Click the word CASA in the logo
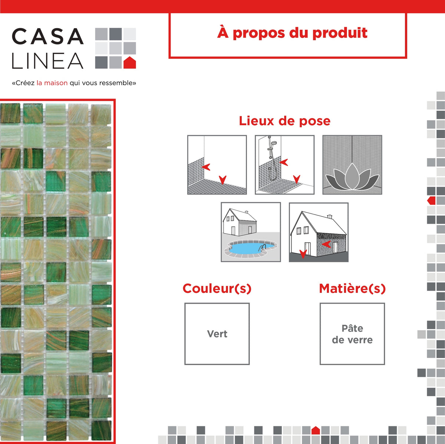47,37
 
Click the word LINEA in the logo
47,61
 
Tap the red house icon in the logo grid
129,63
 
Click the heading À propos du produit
292,33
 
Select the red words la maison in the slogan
52,83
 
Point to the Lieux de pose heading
284,121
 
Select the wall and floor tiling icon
217,165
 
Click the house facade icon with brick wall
319,232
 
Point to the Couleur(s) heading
217,288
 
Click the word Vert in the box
217,334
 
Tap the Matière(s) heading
352,288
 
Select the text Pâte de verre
352,334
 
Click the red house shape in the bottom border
316,430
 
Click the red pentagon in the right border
431,201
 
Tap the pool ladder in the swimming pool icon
263,247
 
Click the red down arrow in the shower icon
297,179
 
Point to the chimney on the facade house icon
329,216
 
